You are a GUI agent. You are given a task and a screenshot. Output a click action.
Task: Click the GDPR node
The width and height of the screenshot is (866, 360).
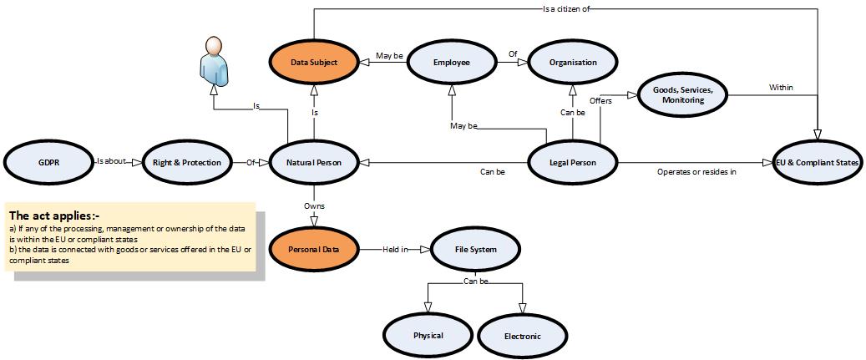pyautogui.click(x=47, y=162)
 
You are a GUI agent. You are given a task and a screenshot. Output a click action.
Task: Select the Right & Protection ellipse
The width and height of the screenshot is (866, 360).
pyautogui.click(x=185, y=162)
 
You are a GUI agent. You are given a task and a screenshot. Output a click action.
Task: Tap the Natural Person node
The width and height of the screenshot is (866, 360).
pyautogui.click(x=314, y=162)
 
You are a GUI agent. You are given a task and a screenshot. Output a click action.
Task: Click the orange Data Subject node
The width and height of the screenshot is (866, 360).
pyautogui.click(x=314, y=63)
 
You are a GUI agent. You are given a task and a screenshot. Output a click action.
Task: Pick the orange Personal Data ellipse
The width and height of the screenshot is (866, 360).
pyautogui.click(x=314, y=249)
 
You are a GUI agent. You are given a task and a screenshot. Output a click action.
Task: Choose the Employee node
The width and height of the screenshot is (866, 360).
pyautogui.click(x=451, y=63)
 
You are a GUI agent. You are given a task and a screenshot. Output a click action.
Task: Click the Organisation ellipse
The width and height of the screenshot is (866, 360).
pyautogui.click(x=573, y=63)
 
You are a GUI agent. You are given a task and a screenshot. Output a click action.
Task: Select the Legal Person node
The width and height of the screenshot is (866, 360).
pyautogui.click(x=573, y=162)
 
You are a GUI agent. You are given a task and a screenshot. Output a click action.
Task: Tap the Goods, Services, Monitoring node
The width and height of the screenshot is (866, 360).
pyautogui.click(x=683, y=94)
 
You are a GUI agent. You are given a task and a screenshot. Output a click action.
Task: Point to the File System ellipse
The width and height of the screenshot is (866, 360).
pyautogui.click(x=474, y=249)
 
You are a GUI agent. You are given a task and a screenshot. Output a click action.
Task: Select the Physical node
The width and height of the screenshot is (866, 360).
pyautogui.click(x=428, y=335)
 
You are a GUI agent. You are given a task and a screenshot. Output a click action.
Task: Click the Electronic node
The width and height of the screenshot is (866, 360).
pyautogui.click(x=522, y=336)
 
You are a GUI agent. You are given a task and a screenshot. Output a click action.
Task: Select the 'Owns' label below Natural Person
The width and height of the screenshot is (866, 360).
pyautogui.click(x=314, y=205)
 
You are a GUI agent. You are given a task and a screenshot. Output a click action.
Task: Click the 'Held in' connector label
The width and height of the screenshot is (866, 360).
pyautogui.click(x=395, y=249)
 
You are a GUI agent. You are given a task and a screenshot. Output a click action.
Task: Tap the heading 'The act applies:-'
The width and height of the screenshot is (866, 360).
pyautogui.click(x=54, y=215)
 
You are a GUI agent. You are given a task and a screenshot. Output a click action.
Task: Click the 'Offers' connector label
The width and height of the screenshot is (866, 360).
pyautogui.click(x=600, y=100)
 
